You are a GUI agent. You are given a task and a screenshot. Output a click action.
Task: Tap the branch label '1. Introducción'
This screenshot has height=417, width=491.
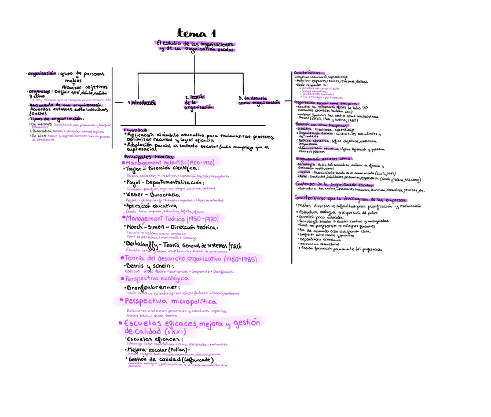(x=142, y=103)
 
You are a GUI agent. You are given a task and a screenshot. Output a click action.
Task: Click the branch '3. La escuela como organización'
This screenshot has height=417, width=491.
(x=258, y=100)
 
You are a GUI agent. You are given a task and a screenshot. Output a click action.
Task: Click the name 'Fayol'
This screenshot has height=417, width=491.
(x=134, y=182)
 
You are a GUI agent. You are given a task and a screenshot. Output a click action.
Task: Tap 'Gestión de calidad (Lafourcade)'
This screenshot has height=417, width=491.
(x=166, y=360)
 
